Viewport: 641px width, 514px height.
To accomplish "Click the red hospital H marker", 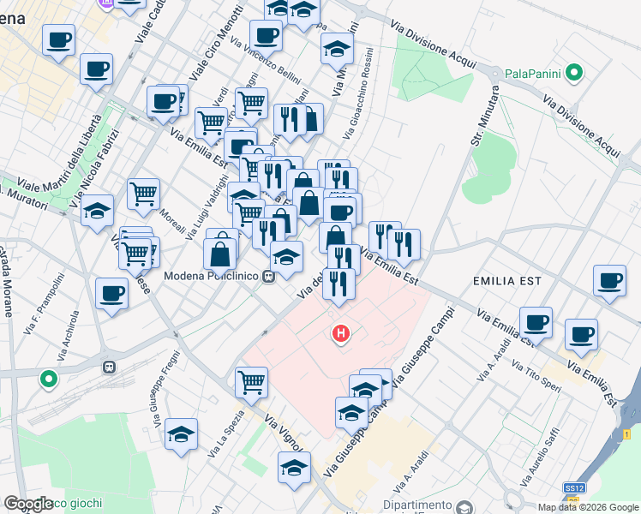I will (x=341, y=333).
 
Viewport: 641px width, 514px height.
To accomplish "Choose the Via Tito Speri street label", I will (x=536, y=377).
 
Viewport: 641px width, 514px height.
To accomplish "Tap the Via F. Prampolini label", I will (x=48, y=296).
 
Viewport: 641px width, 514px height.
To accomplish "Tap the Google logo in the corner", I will (x=28, y=504).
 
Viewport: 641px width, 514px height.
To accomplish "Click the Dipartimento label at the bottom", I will (x=417, y=505).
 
